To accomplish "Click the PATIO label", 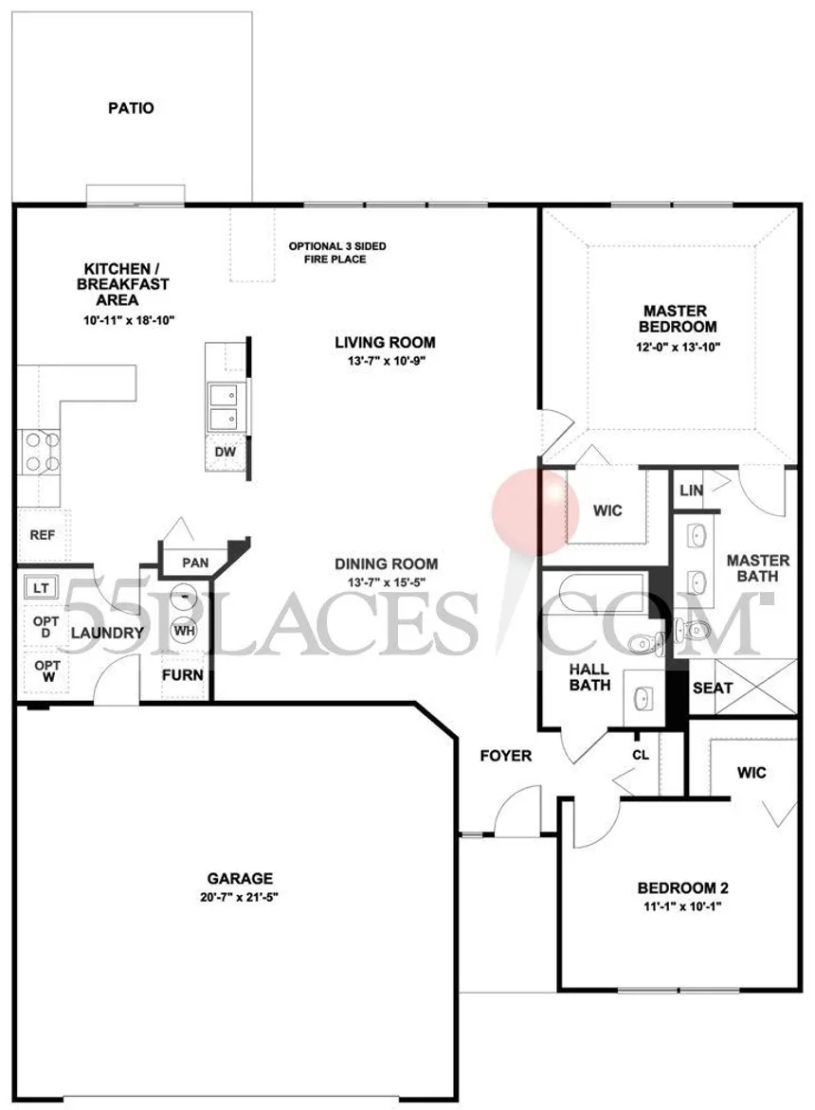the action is pos(131,108).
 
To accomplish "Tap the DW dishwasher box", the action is pos(226,453).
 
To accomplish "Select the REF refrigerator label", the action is pos(43,535).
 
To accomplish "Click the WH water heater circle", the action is pos(184,630).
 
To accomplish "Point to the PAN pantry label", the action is pos(195,563).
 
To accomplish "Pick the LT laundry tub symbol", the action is pos(41,587).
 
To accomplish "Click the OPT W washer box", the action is pos(46,671).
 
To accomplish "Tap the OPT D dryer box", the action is pos(46,627).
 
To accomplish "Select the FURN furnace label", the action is pos(183,675).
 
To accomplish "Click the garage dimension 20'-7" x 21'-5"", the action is pos(240,897).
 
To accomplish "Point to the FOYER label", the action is pos(505,756).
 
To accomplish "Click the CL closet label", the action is pos(641,756).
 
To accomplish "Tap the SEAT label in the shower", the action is pos(713,689).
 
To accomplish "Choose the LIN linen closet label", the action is pos(691,490).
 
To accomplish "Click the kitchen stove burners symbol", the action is pos(41,453).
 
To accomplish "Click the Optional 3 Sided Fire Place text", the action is pos(337,253).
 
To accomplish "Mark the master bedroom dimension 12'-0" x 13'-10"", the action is pos(678,348).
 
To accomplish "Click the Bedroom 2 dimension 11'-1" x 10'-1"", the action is pos(682,906).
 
